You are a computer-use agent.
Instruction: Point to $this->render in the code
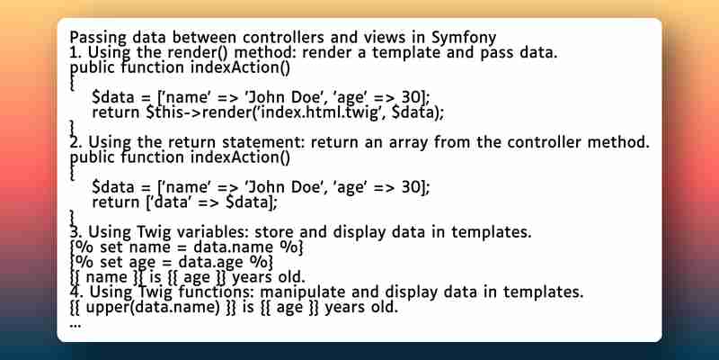click(200, 112)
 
